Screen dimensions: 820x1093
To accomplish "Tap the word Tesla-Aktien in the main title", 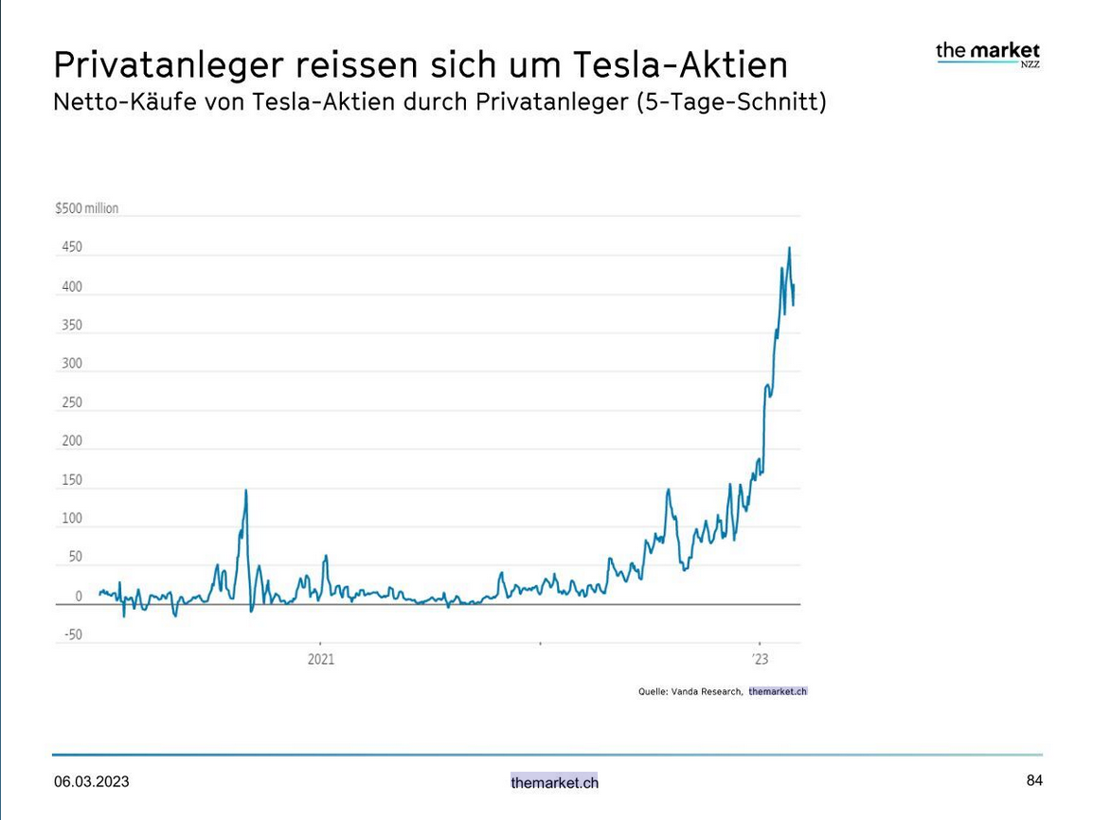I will click(x=681, y=65).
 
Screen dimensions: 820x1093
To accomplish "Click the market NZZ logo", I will click(x=988, y=53).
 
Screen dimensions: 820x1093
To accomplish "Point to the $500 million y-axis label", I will click(x=87, y=208).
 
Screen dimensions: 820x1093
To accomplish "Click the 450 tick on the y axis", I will click(x=72, y=247).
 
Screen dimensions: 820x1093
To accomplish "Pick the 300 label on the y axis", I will click(x=72, y=364).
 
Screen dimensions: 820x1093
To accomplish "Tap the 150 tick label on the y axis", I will click(x=72, y=480).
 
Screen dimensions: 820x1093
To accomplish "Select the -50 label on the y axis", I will click(x=72, y=635).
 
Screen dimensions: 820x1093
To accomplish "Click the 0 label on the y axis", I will click(x=79, y=597).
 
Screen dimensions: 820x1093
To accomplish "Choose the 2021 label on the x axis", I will click(x=321, y=659).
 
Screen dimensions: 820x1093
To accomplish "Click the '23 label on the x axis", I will click(x=760, y=659).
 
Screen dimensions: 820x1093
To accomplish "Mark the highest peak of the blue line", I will click(x=789, y=248).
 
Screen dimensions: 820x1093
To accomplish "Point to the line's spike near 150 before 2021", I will click(x=246, y=490).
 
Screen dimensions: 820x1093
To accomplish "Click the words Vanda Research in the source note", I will click(x=706, y=692).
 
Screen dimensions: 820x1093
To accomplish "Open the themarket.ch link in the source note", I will click(x=778, y=692).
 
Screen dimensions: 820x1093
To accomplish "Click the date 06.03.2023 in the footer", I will click(x=92, y=782).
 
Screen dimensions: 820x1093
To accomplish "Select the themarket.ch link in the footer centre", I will click(x=554, y=783).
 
